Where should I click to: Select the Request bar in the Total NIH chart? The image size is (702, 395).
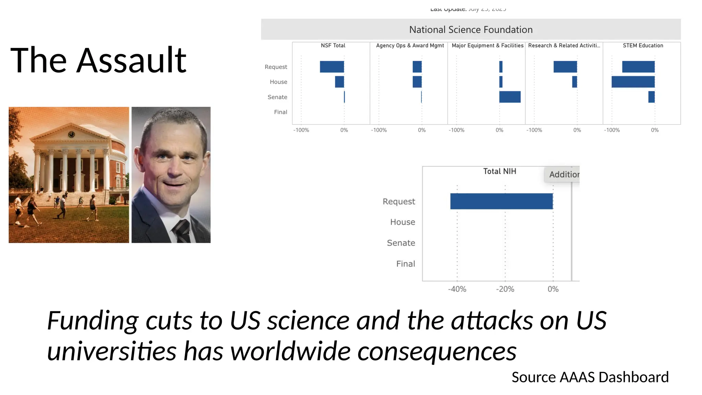click(501, 201)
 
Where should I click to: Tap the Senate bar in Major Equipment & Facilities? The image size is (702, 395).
click(510, 97)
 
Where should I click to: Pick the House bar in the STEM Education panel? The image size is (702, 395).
click(633, 82)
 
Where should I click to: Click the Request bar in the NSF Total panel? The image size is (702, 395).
click(332, 67)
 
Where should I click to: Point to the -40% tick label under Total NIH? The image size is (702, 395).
click(457, 289)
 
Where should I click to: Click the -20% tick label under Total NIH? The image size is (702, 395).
click(505, 289)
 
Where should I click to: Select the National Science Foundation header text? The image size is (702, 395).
click(471, 30)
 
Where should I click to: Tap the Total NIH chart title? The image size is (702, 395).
click(499, 171)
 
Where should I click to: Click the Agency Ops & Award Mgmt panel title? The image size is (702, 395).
click(410, 46)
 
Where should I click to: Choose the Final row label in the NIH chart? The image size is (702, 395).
click(406, 264)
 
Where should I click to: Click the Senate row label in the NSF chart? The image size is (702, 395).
click(277, 97)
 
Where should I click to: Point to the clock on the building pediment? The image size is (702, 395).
click(71, 134)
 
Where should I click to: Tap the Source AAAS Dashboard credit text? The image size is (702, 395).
click(590, 377)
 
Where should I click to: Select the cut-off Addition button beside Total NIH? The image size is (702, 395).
click(564, 175)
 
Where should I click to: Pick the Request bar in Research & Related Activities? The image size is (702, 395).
click(565, 67)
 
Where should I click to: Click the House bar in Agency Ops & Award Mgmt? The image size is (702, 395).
click(417, 82)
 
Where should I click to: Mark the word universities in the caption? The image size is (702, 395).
click(111, 351)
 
